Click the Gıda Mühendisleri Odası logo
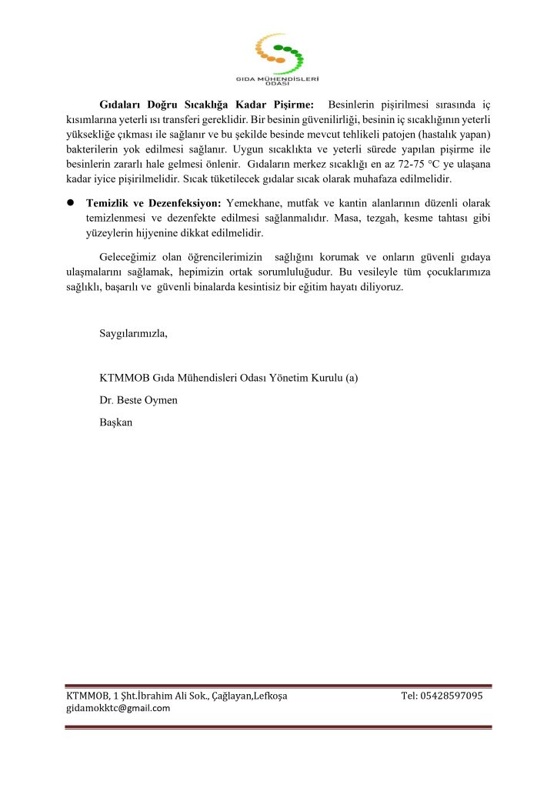click(x=278, y=58)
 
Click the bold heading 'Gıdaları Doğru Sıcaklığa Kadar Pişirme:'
click(x=206, y=104)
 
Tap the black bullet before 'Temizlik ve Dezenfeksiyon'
click(x=69, y=202)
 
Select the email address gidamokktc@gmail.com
click(x=118, y=708)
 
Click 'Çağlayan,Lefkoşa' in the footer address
click(x=249, y=696)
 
